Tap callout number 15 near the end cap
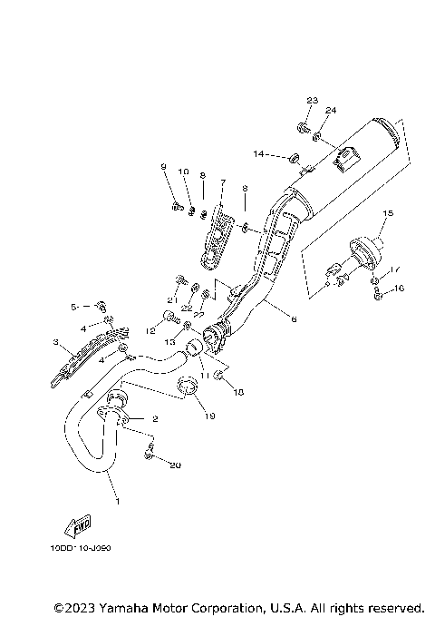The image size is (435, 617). (x=387, y=214)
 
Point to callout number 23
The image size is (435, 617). (x=312, y=100)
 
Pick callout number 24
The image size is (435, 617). (x=331, y=111)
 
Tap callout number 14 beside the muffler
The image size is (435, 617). (x=259, y=155)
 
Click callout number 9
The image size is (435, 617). (x=164, y=167)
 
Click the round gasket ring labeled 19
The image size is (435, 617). (x=188, y=388)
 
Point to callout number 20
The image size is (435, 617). (x=175, y=465)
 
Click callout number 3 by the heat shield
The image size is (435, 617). (x=55, y=343)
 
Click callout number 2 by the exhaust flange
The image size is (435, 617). (x=154, y=419)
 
